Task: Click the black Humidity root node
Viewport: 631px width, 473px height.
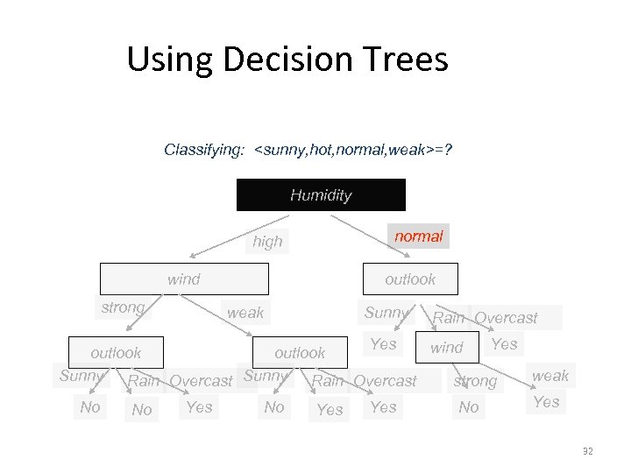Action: coord(321,194)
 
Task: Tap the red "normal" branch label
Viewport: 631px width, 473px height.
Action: coord(418,236)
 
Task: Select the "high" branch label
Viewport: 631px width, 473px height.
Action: coord(267,242)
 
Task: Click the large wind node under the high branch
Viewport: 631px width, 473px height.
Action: coord(184,279)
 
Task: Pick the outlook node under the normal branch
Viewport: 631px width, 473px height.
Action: coord(410,279)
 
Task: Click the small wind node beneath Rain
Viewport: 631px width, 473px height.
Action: coord(447,347)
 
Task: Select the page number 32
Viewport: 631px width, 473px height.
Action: coord(587,451)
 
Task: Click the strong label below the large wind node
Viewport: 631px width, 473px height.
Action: coord(123,307)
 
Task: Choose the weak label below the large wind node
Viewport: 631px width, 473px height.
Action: coord(245,313)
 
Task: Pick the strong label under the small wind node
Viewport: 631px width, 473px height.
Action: coord(476,381)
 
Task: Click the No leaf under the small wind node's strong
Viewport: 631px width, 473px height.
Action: coord(469,407)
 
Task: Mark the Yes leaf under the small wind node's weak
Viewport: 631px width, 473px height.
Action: coord(546,402)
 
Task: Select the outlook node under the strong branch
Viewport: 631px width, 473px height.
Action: coord(116,353)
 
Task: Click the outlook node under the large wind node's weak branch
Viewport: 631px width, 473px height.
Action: coord(300,353)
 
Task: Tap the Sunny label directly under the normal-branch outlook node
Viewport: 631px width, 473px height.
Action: coord(386,313)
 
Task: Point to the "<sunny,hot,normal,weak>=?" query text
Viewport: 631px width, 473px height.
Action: coord(353,150)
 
